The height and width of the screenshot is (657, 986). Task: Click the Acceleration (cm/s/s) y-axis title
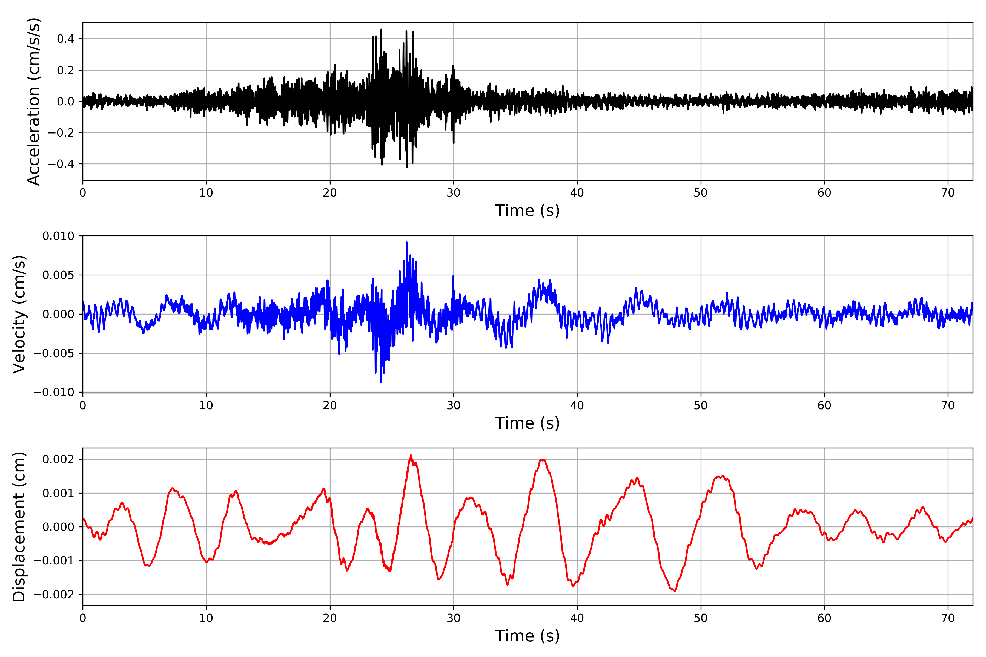(x=33, y=101)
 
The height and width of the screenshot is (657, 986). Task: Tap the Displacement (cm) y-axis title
(x=19, y=527)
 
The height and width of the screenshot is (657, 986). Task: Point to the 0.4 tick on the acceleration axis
(x=65, y=39)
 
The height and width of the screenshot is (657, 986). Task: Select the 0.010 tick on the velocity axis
(x=58, y=236)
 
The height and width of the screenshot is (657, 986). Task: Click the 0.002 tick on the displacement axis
(x=58, y=459)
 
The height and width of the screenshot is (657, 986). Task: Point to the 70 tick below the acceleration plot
(x=948, y=193)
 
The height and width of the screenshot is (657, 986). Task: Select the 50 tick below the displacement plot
(x=701, y=618)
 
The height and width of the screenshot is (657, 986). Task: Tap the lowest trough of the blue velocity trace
(x=381, y=382)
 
